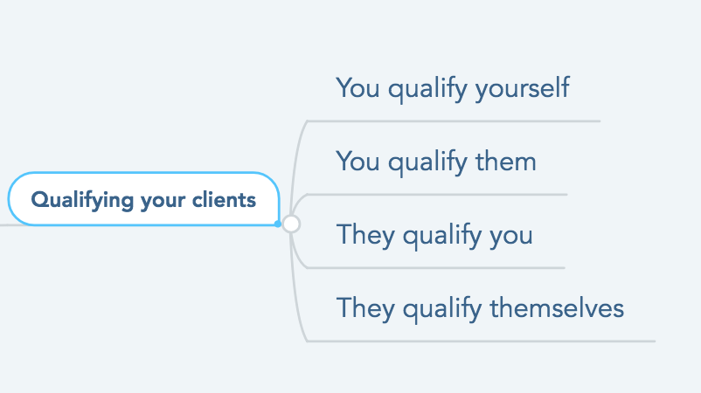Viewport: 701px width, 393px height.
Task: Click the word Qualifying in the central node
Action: tap(82, 200)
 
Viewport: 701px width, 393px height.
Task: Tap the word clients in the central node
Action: tap(224, 200)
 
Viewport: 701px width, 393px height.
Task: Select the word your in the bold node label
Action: tap(163, 202)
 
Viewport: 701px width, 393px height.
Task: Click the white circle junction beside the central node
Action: tap(291, 224)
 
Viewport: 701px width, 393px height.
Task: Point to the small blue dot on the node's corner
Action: tap(278, 224)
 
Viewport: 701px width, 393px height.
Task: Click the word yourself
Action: tap(523, 88)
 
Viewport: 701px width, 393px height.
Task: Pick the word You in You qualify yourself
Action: tap(358, 88)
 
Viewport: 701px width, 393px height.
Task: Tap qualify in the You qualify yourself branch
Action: tap(427, 88)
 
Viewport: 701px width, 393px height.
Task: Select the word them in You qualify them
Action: tap(505, 162)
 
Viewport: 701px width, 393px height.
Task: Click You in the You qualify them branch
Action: tap(358, 162)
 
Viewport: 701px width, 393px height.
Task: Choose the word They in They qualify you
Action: tap(365, 235)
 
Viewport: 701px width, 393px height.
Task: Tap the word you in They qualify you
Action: tap(511, 237)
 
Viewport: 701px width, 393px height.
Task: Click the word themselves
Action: tap(557, 308)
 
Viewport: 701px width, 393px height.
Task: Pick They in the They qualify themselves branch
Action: tap(365, 308)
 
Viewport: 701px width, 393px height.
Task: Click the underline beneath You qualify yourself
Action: tap(454, 121)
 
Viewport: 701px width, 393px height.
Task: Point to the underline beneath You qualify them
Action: tap(437, 195)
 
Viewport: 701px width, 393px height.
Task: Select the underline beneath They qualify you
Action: tap(436, 268)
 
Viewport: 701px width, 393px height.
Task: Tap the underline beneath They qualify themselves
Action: tap(481, 341)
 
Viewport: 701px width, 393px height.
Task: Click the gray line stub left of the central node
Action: tap(4, 224)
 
